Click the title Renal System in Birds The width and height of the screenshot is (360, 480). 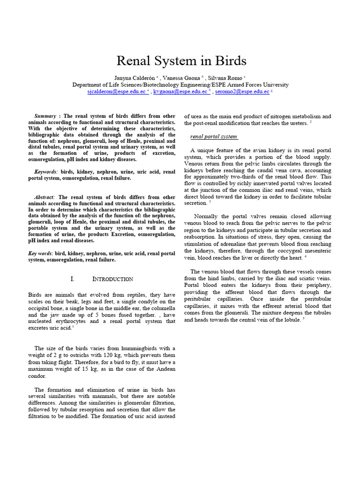tap(180, 61)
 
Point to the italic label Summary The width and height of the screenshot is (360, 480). tap(45, 116)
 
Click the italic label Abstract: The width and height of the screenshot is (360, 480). tap(45, 197)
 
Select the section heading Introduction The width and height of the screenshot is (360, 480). tap(112, 279)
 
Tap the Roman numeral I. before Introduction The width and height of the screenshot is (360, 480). tap(72, 279)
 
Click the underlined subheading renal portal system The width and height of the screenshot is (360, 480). tap(213, 137)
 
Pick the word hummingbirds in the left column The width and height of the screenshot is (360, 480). tap(134, 348)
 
